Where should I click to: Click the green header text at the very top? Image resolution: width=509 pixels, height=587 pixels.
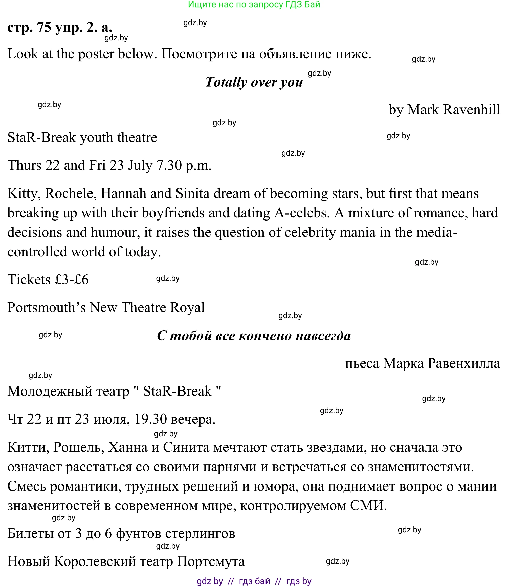point(254,5)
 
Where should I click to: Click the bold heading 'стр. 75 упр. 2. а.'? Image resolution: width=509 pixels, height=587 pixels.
point(60,27)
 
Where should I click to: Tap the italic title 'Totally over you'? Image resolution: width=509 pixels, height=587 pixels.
point(254,82)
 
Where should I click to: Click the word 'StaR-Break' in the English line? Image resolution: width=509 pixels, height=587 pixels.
point(42,138)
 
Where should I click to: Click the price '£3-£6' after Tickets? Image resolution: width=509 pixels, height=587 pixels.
point(72,279)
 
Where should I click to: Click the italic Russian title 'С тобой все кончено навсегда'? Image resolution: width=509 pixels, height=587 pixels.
point(254,336)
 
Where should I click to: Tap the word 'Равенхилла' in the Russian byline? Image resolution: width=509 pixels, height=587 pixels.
point(463,363)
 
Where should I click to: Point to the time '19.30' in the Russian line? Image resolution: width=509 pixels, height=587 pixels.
point(150,419)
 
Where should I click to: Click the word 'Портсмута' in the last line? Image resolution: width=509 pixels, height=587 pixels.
point(211,561)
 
